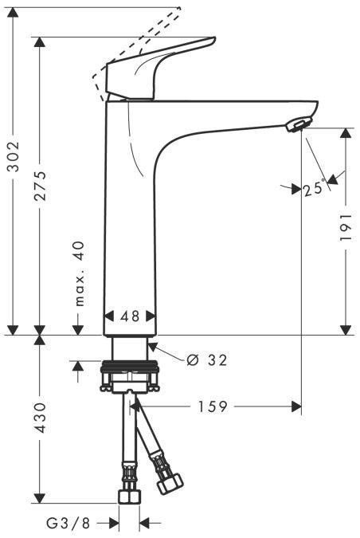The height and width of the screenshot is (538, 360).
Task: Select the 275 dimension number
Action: [41, 187]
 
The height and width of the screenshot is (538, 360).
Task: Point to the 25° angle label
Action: [313, 189]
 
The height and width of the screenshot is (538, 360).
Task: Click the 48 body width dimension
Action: [131, 316]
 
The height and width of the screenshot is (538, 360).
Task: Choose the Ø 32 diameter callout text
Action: [206, 360]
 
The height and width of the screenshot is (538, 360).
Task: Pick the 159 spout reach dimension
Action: [214, 407]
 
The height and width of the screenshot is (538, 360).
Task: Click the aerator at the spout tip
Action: [297, 124]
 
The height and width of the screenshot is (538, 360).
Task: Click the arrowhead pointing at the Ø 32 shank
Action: [150, 347]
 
